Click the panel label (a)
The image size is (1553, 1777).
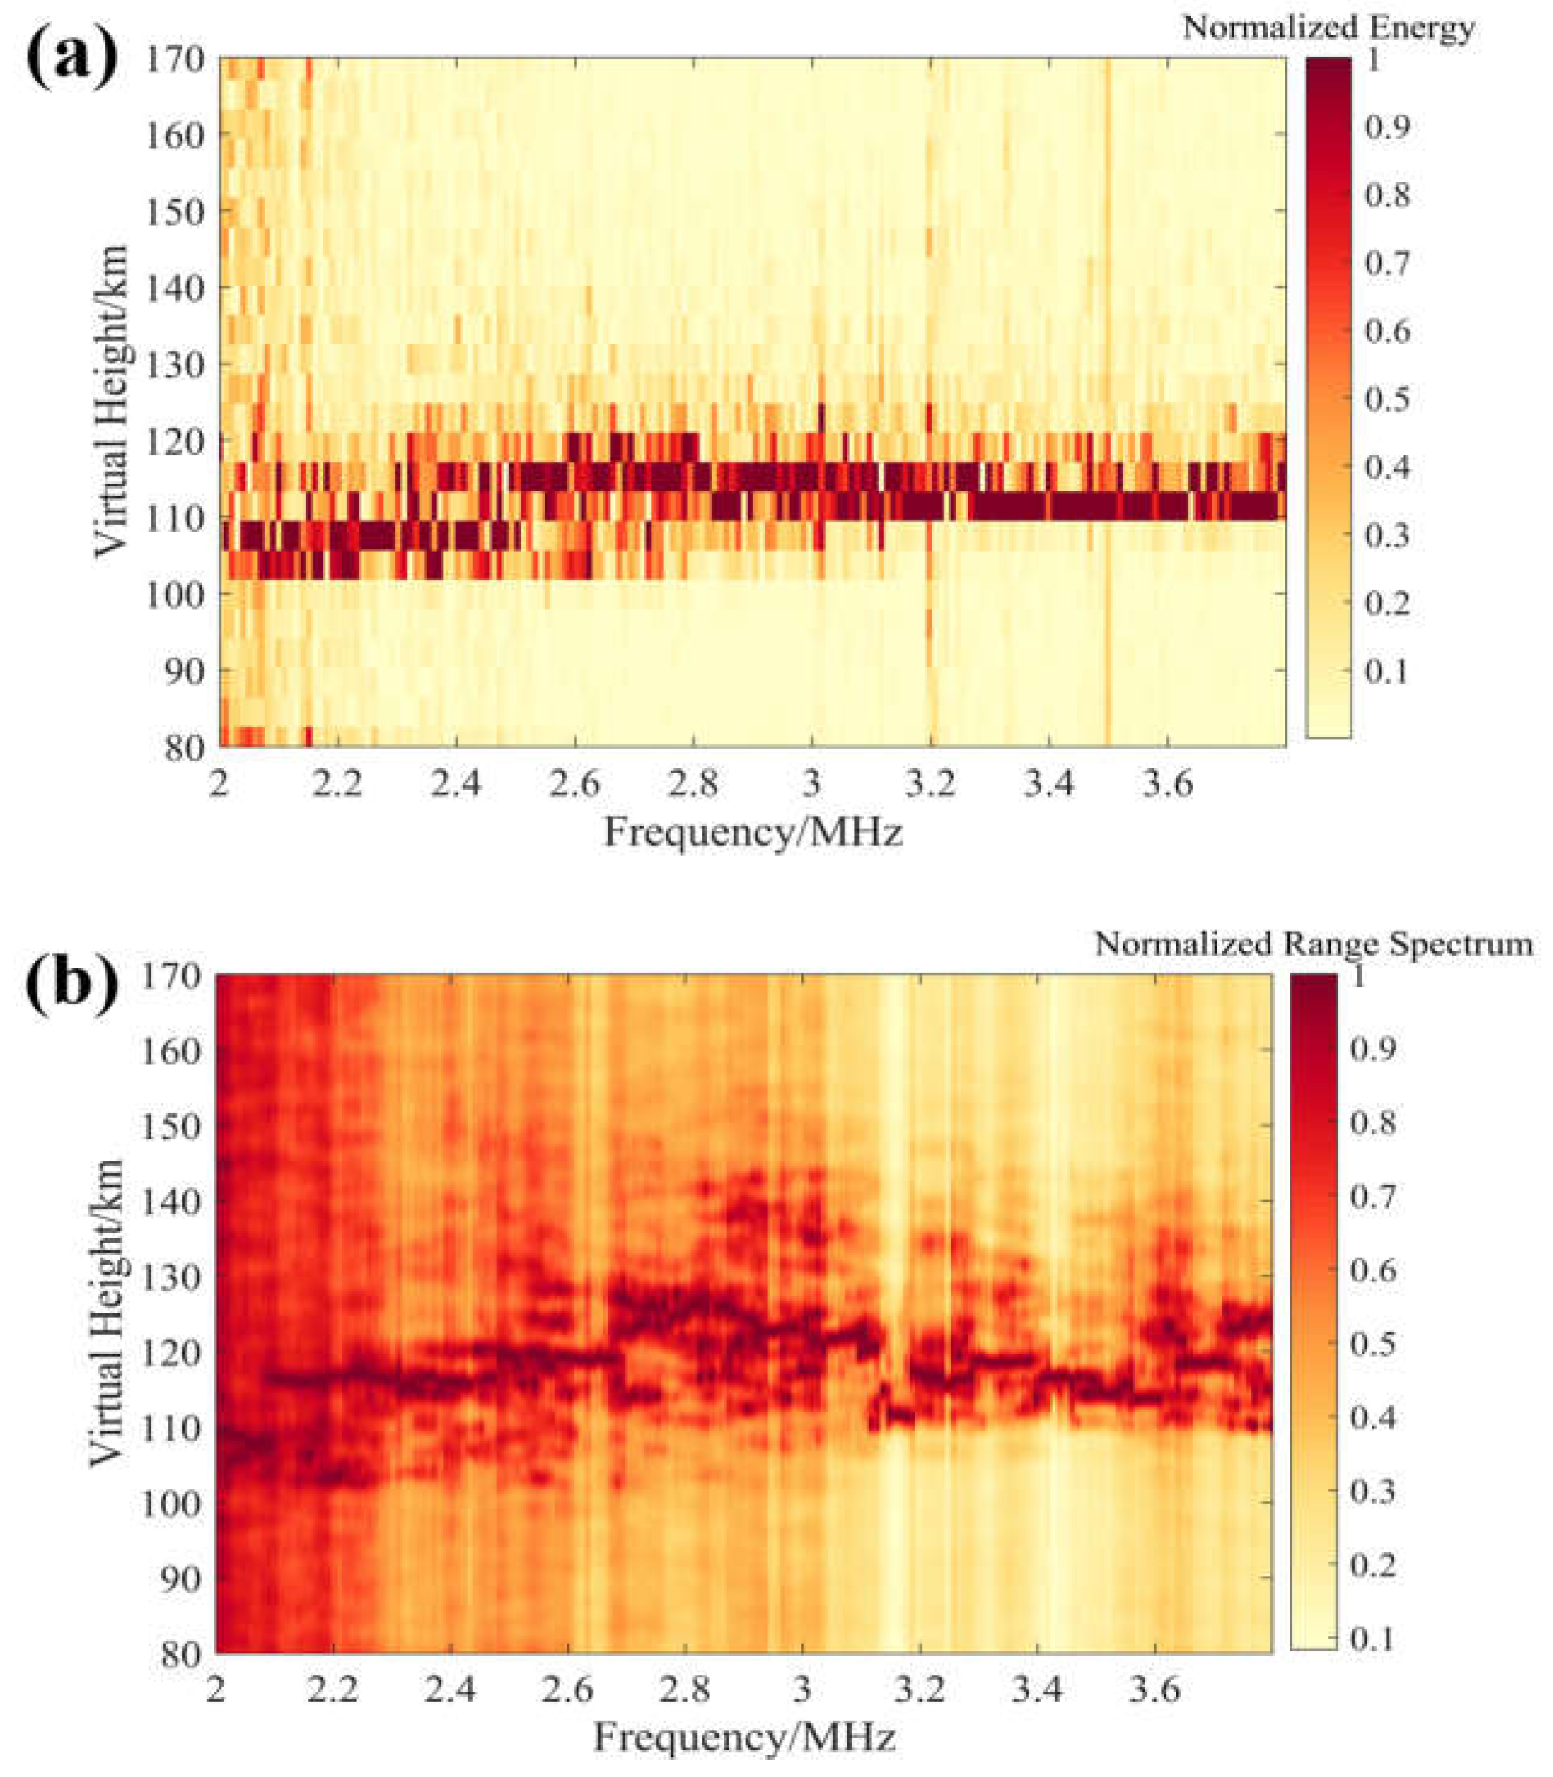[x=71, y=59]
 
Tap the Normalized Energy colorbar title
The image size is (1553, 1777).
[x=1328, y=28]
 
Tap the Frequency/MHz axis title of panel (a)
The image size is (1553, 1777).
[x=753, y=834]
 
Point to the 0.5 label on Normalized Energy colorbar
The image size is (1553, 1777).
[x=1387, y=399]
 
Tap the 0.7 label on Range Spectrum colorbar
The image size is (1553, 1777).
[x=1373, y=1198]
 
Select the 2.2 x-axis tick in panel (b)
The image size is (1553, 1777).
[x=334, y=1689]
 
